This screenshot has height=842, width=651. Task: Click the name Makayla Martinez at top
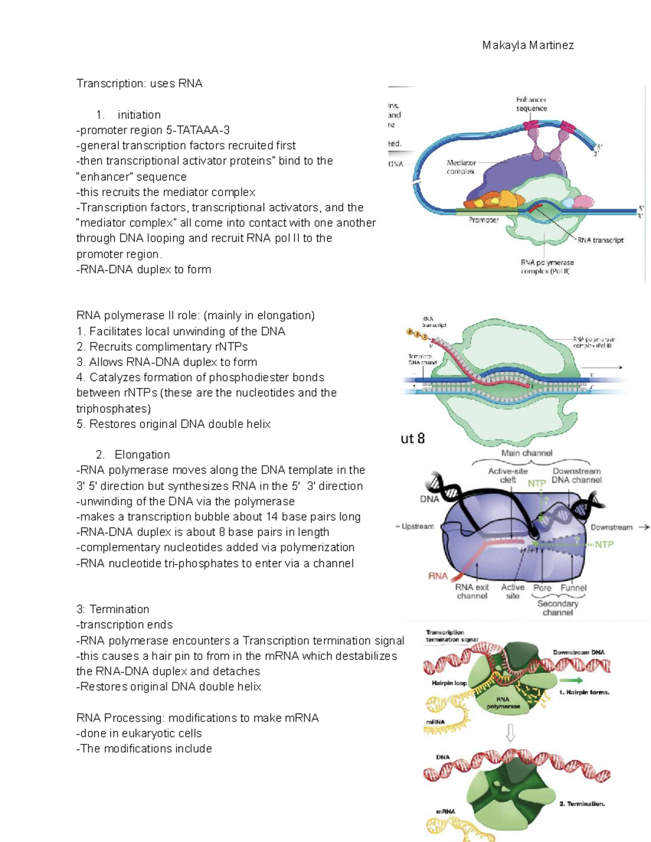tap(527, 46)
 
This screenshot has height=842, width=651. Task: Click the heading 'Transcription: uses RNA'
tap(139, 83)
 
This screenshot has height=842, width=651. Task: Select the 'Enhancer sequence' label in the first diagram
tap(531, 104)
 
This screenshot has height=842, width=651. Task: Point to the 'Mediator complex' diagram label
tap(461, 167)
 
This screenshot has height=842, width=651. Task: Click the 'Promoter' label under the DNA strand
tap(483, 220)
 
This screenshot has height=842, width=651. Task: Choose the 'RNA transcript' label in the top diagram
tap(600, 240)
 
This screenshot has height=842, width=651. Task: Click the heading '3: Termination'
tap(113, 609)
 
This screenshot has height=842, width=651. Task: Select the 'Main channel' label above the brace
tap(527, 453)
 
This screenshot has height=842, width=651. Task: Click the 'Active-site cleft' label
tap(508, 475)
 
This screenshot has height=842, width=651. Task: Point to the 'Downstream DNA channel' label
tap(576, 475)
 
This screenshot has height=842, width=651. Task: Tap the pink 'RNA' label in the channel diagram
tap(438, 576)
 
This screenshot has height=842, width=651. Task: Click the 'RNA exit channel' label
tap(472, 592)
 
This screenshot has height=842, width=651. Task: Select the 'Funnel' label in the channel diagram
tap(573, 588)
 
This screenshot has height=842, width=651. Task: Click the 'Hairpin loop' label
tap(449, 683)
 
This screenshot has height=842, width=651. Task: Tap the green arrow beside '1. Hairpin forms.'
tap(571, 680)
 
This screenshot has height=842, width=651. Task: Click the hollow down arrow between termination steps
tap(510, 734)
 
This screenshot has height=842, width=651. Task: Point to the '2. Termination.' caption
tap(582, 804)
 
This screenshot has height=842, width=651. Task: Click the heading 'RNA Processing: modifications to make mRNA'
tap(197, 718)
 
